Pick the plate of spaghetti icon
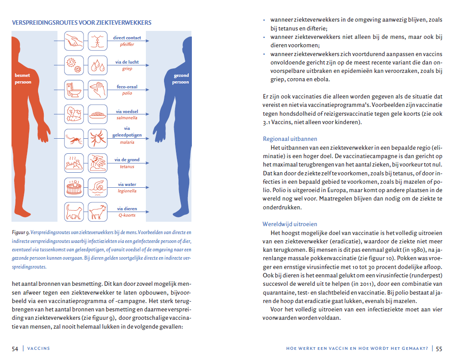[98, 114]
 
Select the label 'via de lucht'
[127, 62]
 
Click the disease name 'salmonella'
[127, 118]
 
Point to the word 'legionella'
[127, 191]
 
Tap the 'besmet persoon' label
[23, 79]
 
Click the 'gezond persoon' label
[181, 79]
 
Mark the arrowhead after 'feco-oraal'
[147, 90]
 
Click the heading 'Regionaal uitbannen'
[290, 139]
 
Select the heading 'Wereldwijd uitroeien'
[290, 224]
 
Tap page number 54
[15, 349]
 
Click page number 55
[439, 349]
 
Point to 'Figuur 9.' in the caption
[21, 231]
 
